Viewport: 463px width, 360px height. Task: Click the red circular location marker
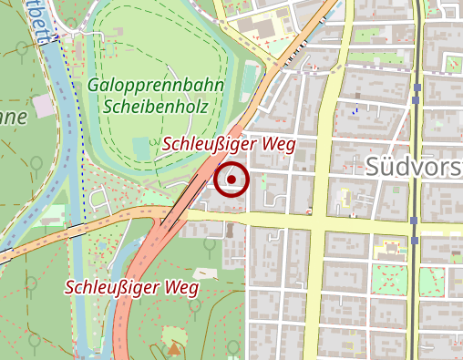(232, 180)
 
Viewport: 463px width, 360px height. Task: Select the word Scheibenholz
(156, 106)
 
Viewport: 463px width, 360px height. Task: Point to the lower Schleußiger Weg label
(130, 287)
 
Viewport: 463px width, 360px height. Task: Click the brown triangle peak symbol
(173, 348)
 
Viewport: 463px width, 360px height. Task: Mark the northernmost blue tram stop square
(417, 88)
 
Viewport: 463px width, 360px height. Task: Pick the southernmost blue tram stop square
(416, 240)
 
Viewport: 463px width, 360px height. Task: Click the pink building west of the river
(43, 108)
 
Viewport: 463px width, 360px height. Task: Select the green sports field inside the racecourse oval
(140, 146)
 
